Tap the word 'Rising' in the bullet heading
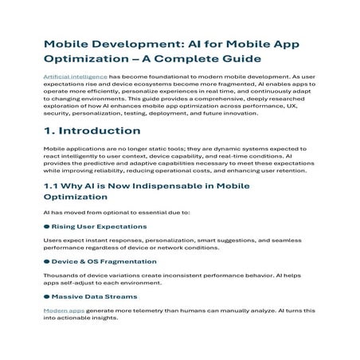(x=66, y=226)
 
